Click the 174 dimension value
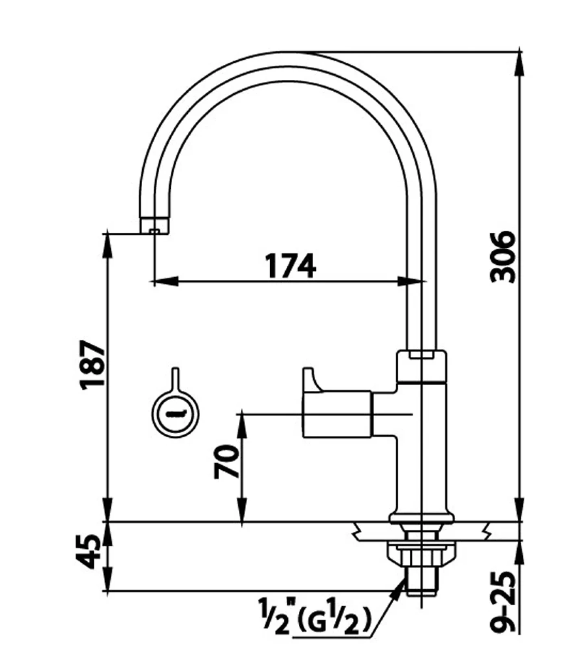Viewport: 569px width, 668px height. (x=291, y=266)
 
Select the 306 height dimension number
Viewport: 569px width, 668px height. (x=503, y=257)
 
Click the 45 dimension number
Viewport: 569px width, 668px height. (x=88, y=552)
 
